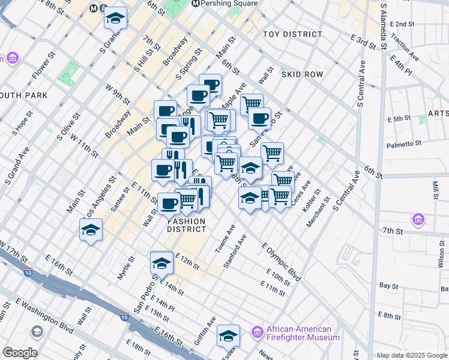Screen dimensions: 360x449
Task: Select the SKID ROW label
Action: pyautogui.click(x=305, y=74)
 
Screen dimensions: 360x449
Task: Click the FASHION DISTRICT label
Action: pyautogui.click(x=186, y=225)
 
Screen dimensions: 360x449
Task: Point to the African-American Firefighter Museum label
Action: pyautogui.click(x=300, y=333)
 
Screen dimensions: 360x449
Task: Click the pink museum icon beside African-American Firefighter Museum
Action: pyautogui.click(x=258, y=332)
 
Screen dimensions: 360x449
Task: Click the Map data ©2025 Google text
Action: pyautogui.click(x=411, y=355)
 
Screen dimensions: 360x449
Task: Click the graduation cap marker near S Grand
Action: pyautogui.click(x=115, y=19)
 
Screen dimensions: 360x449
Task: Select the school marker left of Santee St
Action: pyautogui.click(x=91, y=230)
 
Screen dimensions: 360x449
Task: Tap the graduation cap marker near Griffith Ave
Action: pyautogui.click(x=228, y=336)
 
